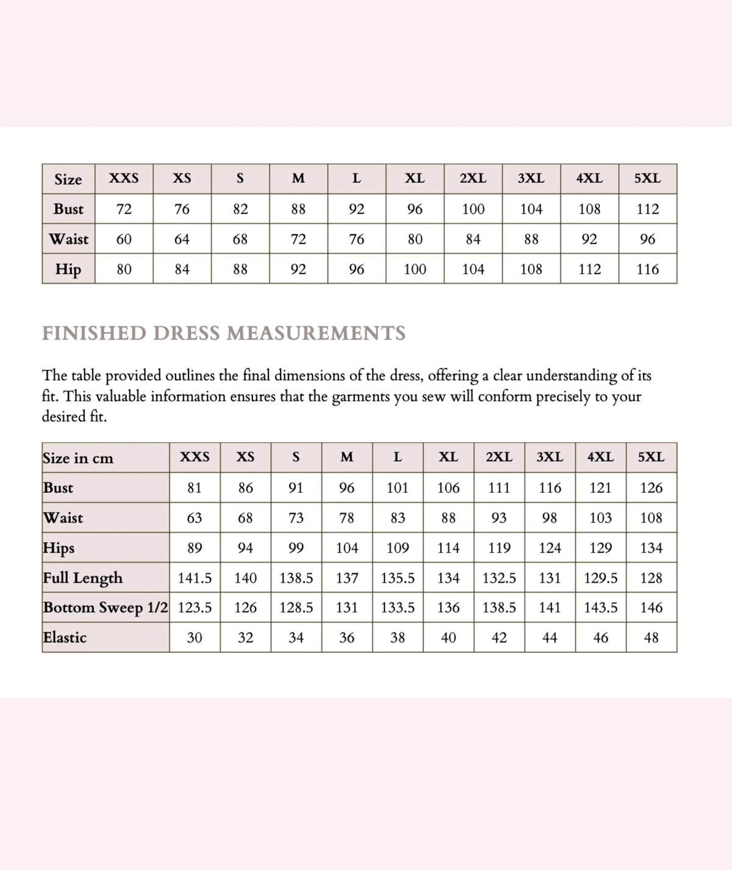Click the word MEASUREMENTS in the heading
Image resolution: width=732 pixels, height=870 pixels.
point(315,333)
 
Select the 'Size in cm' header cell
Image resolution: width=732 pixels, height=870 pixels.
point(78,458)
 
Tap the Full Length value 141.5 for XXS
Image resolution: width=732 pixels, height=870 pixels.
point(195,578)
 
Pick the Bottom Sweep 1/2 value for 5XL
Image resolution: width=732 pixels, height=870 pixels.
point(651,608)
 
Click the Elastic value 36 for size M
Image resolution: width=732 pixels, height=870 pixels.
point(346,638)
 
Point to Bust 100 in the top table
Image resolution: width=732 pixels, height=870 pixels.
point(473,209)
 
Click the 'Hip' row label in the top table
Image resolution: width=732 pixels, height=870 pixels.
point(68,269)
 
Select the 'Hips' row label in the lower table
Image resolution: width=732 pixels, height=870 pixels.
point(59,547)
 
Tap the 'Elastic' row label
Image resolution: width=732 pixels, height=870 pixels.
point(65,638)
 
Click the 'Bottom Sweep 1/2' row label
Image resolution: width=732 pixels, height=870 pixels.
point(105,608)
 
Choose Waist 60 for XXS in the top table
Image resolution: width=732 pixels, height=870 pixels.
point(124,239)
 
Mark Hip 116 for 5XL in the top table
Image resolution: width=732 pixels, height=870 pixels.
point(647,269)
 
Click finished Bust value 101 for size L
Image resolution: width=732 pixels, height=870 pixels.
point(398,488)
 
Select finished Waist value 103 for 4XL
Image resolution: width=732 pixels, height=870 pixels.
point(600,518)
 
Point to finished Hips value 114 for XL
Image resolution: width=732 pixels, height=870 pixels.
point(448,548)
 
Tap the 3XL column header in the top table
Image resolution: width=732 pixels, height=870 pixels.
point(531,179)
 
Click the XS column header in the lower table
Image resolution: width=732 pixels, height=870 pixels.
point(245,458)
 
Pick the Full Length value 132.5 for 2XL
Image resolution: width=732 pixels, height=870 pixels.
point(499,578)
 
